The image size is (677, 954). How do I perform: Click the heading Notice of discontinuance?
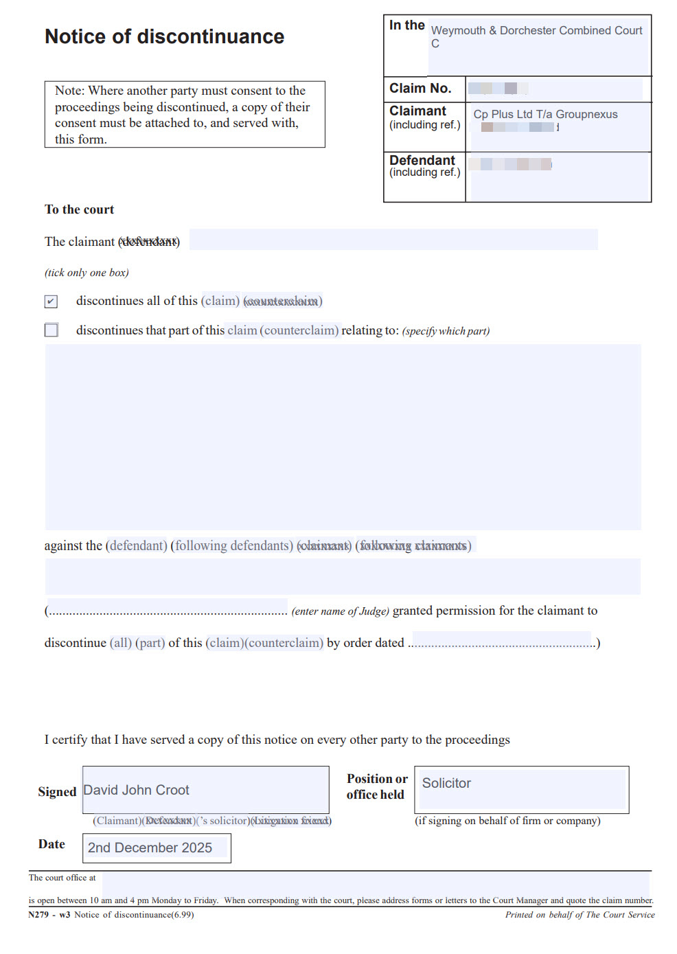click(164, 36)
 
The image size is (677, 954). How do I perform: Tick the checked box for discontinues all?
click(51, 302)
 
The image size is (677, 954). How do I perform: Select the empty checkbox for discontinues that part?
click(51, 330)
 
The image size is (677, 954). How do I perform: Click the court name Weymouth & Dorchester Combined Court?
click(536, 31)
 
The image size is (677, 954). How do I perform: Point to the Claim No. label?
click(420, 89)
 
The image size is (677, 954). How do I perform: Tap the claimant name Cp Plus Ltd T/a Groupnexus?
click(545, 115)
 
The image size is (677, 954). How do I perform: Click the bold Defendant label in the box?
click(422, 160)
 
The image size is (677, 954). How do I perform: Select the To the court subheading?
click(79, 209)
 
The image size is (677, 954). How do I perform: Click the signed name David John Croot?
click(136, 791)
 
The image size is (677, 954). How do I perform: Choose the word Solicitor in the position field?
click(446, 784)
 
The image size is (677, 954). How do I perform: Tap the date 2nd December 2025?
click(150, 848)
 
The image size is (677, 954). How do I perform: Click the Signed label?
click(57, 792)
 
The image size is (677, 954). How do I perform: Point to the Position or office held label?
click(376, 786)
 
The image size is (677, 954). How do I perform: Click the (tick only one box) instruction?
click(87, 273)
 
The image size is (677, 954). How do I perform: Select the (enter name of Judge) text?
click(340, 611)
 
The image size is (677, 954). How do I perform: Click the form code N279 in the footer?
click(38, 915)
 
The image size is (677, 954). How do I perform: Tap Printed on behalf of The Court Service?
click(580, 915)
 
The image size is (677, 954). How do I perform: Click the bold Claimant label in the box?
click(417, 111)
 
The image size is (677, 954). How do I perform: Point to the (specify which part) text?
click(446, 331)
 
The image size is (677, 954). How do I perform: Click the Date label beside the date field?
click(51, 844)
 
